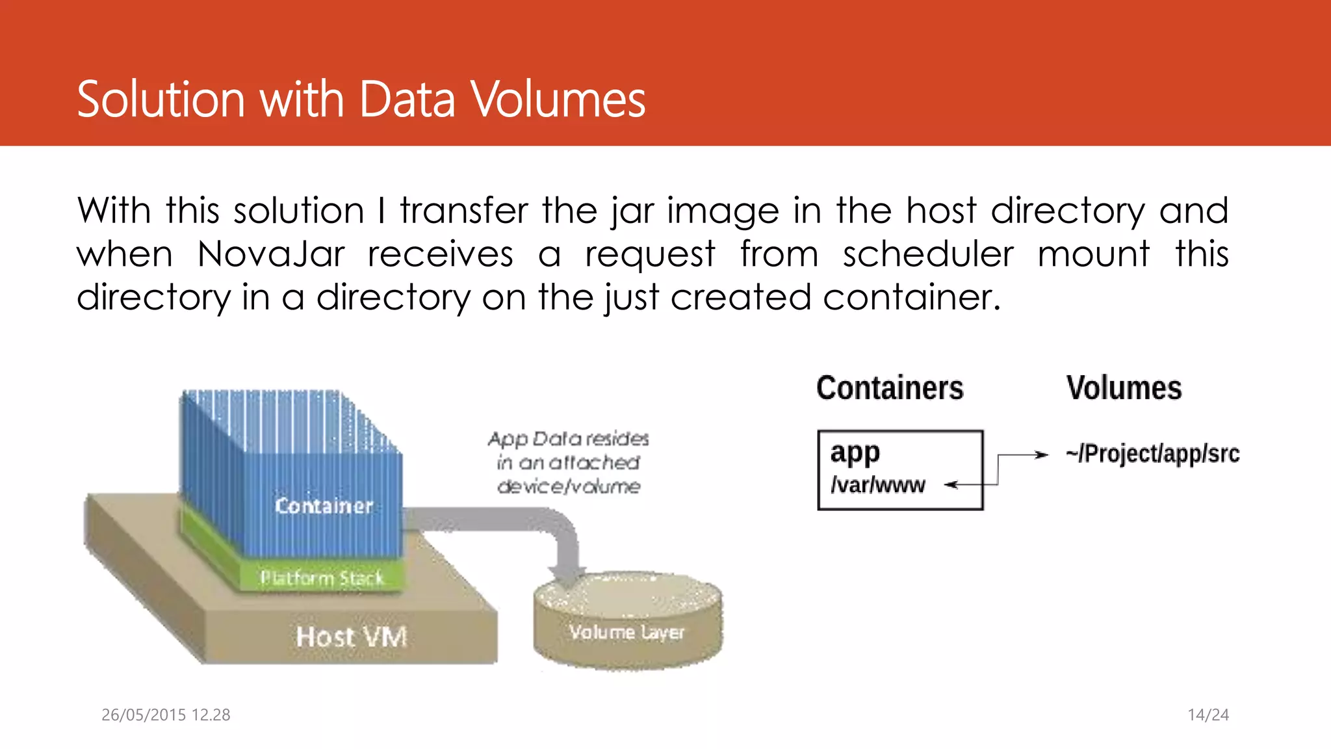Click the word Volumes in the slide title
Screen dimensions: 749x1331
point(558,99)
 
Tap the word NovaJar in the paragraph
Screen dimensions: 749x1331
point(270,254)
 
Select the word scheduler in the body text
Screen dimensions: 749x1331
point(927,254)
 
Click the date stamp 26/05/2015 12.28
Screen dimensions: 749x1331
point(166,715)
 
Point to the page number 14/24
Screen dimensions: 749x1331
point(1208,715)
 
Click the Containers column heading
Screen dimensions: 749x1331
point(890,388)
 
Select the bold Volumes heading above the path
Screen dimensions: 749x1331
point(1124,388)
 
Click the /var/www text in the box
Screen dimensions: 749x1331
point(877,485)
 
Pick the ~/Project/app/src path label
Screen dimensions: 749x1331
point(1152,454)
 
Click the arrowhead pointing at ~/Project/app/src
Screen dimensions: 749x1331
point(1042,455)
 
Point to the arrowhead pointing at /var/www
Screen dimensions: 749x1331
point(951,484)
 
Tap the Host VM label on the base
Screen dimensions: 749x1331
point(351,637)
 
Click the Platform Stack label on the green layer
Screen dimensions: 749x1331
point(322,577)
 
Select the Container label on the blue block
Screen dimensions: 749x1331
point(324,506)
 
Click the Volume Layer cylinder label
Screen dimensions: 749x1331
point(627,632)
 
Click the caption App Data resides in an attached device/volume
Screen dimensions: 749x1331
point(569,462)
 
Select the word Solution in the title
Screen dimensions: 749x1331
point(161,99)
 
